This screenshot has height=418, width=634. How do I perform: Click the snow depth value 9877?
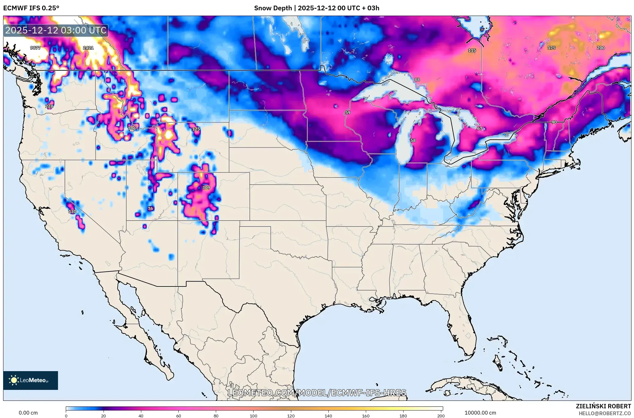pyautogui.click(x=35, y=48)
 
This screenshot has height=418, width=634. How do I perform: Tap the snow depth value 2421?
pyautogui.click(x=88, y=48)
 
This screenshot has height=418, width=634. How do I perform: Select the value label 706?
pyautogui.click(x=132, y=128)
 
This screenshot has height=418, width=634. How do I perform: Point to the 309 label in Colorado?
pyautogui.click(x=206, y=187)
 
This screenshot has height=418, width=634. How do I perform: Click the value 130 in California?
pyautogui.click(x=72, y=211)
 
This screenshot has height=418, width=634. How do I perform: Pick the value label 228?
pyautogui.click(x=49, y=106)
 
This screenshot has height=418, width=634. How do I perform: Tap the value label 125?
pyautogui.click(x=196, y=129)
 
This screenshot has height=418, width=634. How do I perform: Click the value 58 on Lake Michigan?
pyautogui.click(x=413, y=140)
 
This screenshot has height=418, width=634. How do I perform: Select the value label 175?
pyautogui.click(x=551, y=48)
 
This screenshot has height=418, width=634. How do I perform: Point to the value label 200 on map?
pyautogui.click(x=601, y=48)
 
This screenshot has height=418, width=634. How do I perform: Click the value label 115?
pyautogui.click(x=472, y=50)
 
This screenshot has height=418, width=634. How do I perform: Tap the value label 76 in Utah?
pyautogui.click(x=151, y=208)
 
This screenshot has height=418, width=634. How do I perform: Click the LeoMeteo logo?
pyautogui.click(x=31, y=380)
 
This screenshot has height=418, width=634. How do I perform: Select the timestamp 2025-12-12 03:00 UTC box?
pyautogui.click(x=56, y=30)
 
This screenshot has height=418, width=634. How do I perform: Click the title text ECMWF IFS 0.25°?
pyautogui.click(x=31, y=8)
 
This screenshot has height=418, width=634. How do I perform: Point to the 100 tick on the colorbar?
pyautogui.click(x=253, y=416)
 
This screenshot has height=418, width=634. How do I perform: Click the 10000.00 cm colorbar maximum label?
pyautogui.click(x=480, y=413)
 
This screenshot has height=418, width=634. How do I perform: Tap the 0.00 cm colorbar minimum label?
pyautogui.click(x=28, y=413)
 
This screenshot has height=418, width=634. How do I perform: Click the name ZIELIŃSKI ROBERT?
pyautogui.click(x=603, y=406)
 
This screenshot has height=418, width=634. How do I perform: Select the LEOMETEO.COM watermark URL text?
pyautogui.click(x=317, y=393)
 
